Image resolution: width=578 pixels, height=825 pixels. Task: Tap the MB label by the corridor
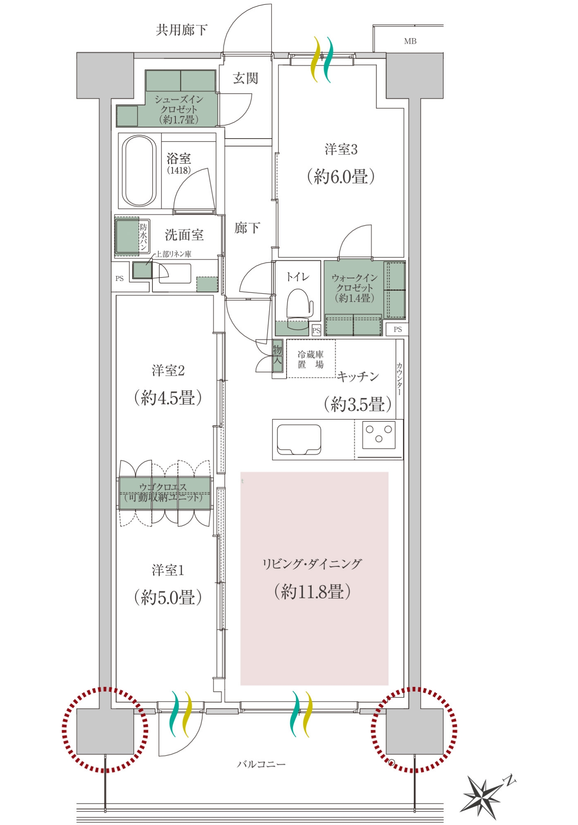(x=410, y=41)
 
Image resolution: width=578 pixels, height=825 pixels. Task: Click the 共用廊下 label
(x=181, y=30)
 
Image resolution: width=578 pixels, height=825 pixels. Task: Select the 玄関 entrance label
(x=246, y=78)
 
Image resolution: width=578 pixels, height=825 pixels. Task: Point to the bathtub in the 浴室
(x=140, y=171)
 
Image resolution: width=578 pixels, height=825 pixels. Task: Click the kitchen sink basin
(x=299, y=440)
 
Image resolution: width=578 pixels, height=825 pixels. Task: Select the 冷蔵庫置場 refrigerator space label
(x=311, y=359)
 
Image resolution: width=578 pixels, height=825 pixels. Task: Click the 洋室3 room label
(x=341, y=149)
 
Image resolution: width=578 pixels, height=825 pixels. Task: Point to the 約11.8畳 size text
(x=313, y=592)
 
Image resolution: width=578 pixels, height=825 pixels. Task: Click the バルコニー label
(x=261, y=764)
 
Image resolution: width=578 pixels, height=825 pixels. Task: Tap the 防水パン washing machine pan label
(x=143, y=237)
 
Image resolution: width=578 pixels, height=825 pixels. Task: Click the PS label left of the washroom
(x=120, y=278)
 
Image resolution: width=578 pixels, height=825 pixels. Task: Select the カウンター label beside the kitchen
(x=399, y=379)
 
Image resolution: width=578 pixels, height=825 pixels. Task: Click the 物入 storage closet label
(x=277, y=354)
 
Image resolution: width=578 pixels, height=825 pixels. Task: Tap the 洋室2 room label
(x=168, y=370)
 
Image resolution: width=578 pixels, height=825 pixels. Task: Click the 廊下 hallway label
(x=247, y=228)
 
